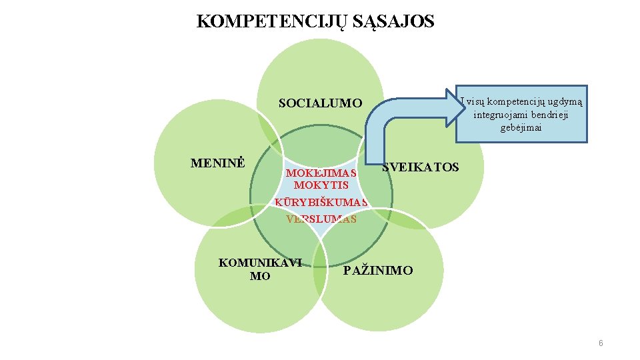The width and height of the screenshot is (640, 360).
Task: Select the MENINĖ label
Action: pos(218,163)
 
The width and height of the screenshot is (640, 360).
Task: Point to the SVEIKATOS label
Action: pos(421,167)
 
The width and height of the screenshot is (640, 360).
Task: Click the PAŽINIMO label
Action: pos(378,271)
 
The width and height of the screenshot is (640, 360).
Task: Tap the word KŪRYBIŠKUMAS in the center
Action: pos(321,203)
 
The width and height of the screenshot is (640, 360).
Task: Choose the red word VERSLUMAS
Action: pos(321,219)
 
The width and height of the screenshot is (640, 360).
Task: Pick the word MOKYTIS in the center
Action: pos(321,185)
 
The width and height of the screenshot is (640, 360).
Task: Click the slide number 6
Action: pos(601,343)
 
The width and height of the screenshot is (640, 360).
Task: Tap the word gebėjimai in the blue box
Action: pos(521,128)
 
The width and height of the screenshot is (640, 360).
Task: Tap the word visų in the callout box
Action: pos(475,101)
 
